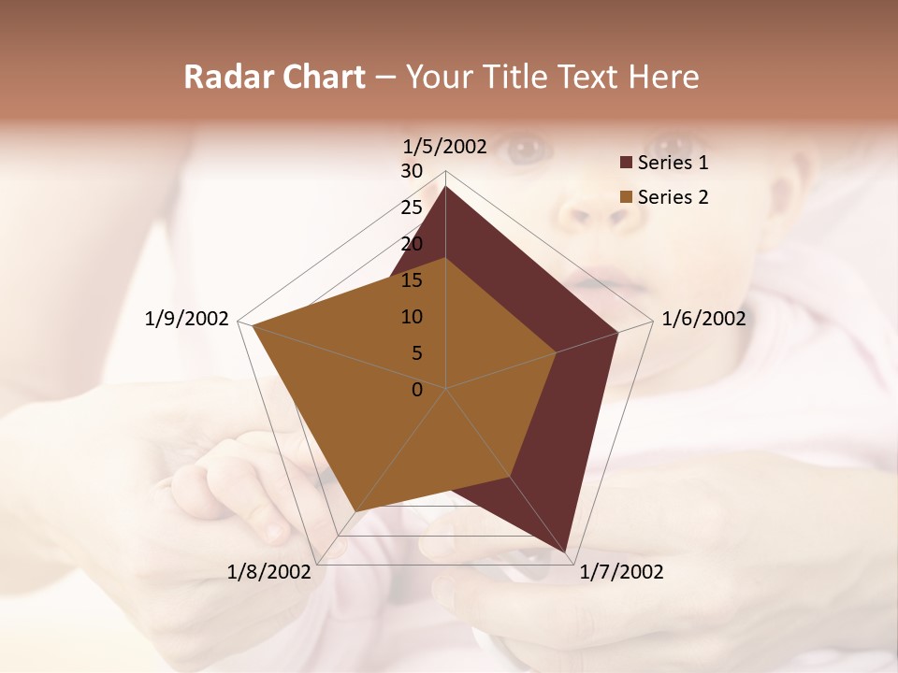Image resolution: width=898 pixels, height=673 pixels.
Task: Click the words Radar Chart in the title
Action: [x=274, y=77]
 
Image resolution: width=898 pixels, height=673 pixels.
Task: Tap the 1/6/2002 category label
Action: [x=703, y=319]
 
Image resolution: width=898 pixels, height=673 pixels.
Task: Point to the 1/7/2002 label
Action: [x=621, y=572]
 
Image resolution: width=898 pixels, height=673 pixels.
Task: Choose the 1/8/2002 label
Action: [x=269, y=572]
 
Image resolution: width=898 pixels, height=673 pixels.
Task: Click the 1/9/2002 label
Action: [x=187, y=319]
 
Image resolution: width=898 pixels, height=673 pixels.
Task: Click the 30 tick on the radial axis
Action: [x=412, y=171]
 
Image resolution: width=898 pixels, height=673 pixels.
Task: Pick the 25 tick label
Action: [x=412, y=208]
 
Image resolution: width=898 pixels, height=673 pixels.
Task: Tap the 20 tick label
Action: [x=412, y=244]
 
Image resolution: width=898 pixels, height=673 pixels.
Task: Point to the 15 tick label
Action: [x=412, y=280]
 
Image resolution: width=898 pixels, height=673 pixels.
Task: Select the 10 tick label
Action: [x=412, y=317]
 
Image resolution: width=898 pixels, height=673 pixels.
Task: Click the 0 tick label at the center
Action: [x=417, y=390]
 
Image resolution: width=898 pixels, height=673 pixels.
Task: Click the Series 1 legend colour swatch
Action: [x=626, y=164]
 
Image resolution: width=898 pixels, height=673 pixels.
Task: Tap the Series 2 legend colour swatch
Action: [x=626, y=197]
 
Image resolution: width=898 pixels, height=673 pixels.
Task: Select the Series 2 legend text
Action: [x=673, y=197]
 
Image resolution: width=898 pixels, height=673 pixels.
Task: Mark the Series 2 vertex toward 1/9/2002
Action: [x=253, y=325]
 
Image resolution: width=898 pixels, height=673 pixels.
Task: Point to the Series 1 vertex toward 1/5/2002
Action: [x=445, y=186]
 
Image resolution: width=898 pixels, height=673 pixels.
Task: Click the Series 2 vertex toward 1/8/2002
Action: [x=355, y=511]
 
